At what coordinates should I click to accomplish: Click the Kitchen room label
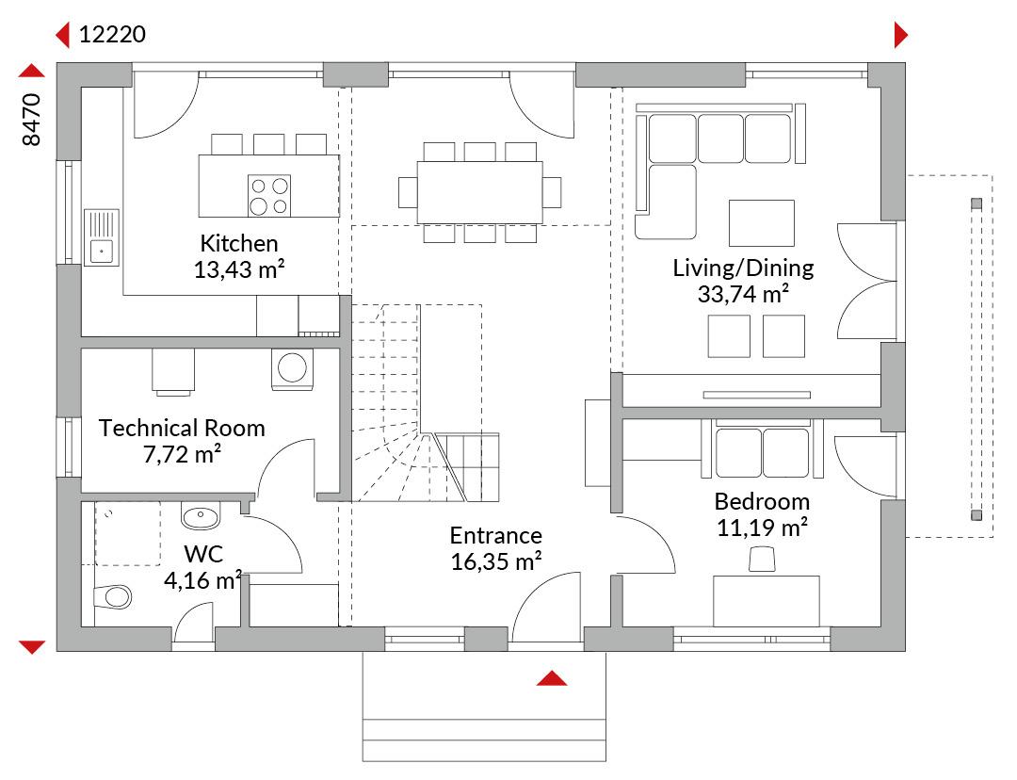(238, 243)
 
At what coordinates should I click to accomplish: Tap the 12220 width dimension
(112, 35)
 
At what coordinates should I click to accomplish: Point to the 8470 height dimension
(31, 120)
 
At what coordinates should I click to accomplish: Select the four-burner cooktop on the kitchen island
(269, 195)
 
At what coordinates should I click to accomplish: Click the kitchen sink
(102, 237)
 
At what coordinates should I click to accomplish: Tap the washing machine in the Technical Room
(293, 369)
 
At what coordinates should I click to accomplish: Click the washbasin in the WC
(201, 516)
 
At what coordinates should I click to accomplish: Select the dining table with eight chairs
(480, 192)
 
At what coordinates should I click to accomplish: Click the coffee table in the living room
(762, 223)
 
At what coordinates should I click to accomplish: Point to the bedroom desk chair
(762, 560)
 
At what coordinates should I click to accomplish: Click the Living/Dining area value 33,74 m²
(743, 295)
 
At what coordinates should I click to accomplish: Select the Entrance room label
(496, 535)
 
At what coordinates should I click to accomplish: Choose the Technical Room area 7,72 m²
(183, 455)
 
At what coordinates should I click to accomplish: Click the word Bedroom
(762, 501)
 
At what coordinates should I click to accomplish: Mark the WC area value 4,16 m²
(203, 580)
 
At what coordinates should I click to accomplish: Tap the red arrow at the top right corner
(901, 35)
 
